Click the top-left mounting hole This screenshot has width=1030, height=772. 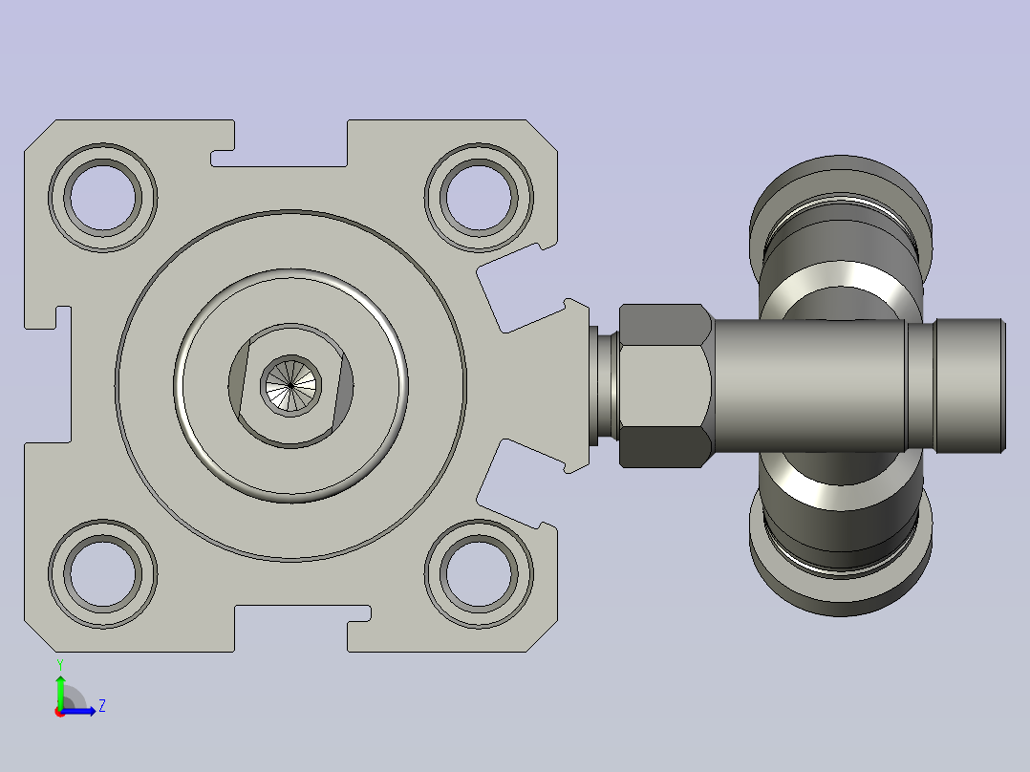tap(103, 197)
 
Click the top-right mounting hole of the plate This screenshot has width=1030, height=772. tap(479, 197)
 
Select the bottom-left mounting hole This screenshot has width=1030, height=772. tap(103, 573)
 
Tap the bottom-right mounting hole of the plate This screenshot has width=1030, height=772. tap(479, 573)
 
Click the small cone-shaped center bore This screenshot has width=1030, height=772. tap(290, 386)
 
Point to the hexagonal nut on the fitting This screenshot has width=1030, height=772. tap(665, 386)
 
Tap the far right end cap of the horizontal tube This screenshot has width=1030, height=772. tap(971, 386)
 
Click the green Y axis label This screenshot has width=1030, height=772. tap(60, 665)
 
